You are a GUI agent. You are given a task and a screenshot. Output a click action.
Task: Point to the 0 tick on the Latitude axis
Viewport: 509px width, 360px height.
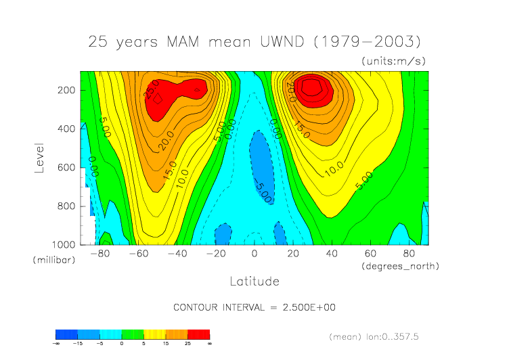[255, 254]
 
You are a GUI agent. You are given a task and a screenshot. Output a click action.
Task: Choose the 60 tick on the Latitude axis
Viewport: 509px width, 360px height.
[371, 254]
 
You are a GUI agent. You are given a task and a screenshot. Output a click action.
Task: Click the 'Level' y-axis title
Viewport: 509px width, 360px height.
[39, 157]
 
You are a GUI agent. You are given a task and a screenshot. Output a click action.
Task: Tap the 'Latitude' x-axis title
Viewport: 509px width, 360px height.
[255, 281]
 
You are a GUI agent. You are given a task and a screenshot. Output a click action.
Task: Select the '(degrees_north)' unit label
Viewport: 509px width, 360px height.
[401, 266]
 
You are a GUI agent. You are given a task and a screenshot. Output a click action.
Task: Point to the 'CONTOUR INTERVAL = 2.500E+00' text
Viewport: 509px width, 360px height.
[255, 307]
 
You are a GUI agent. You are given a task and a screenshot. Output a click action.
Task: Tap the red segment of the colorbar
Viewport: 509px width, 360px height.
[199, 334]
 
